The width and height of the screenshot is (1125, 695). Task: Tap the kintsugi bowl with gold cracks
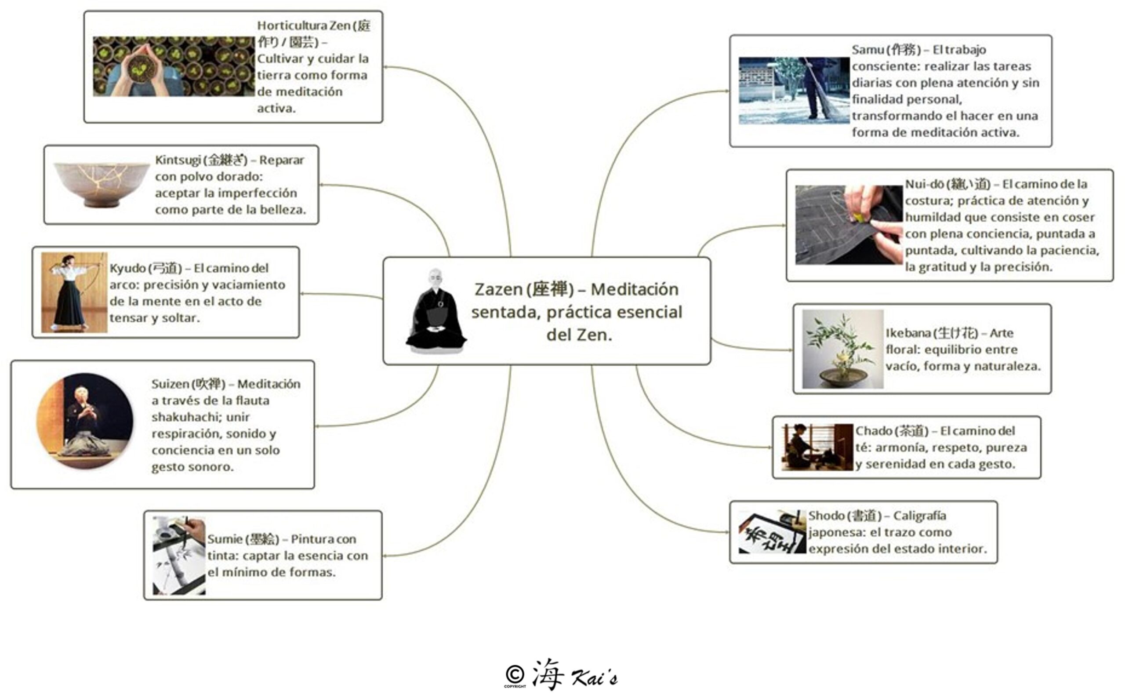[x=102, y=184]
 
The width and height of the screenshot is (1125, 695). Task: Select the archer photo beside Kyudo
[x=74, y=292]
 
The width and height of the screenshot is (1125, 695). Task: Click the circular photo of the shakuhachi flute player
[x=85, y=421]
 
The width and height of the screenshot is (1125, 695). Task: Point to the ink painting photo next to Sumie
[x=179, y=555]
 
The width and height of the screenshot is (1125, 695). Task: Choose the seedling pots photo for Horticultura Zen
[x=173, y=67]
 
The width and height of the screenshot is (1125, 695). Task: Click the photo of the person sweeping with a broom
[x=793, y=91]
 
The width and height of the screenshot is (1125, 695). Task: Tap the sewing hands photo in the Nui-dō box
[x=848, y=225]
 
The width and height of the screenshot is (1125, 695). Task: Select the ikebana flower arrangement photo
[x=842, y=349]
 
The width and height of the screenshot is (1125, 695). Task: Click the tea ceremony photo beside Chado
[x=817, y=447]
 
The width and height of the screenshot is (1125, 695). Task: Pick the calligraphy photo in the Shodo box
[x=772, y=532]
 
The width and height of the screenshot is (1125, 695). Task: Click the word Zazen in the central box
[x=499, y=290]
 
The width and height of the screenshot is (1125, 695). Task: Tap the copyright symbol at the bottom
[x=515, y=674]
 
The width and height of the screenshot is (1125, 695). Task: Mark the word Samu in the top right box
[x=867, y=50]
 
